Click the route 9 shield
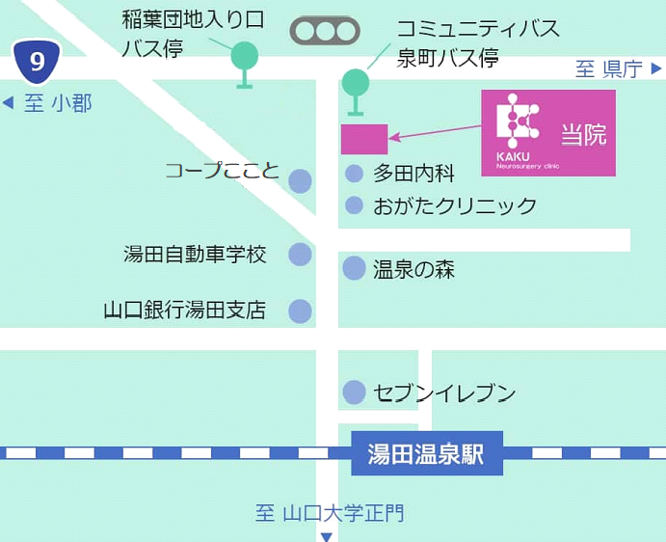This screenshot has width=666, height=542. [x=37, y=63]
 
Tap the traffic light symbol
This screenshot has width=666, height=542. [x=325, y=31]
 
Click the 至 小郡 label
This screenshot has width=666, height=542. [x=48, y=103]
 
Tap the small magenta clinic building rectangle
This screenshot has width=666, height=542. [x=364, y=139]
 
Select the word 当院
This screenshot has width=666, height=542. [x=584, y=135]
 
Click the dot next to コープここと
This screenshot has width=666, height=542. [x=301, y=180]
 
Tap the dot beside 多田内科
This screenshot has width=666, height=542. [x=355, y=175]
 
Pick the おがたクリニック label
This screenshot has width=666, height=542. [x=455, y=205]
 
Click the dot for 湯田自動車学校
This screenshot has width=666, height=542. [x=301, y=255]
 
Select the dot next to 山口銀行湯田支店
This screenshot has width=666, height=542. [x=301, y=312]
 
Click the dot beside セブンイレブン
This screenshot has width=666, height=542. [x=355, y=393]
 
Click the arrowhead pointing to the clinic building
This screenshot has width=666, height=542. [x=393, y=138]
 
